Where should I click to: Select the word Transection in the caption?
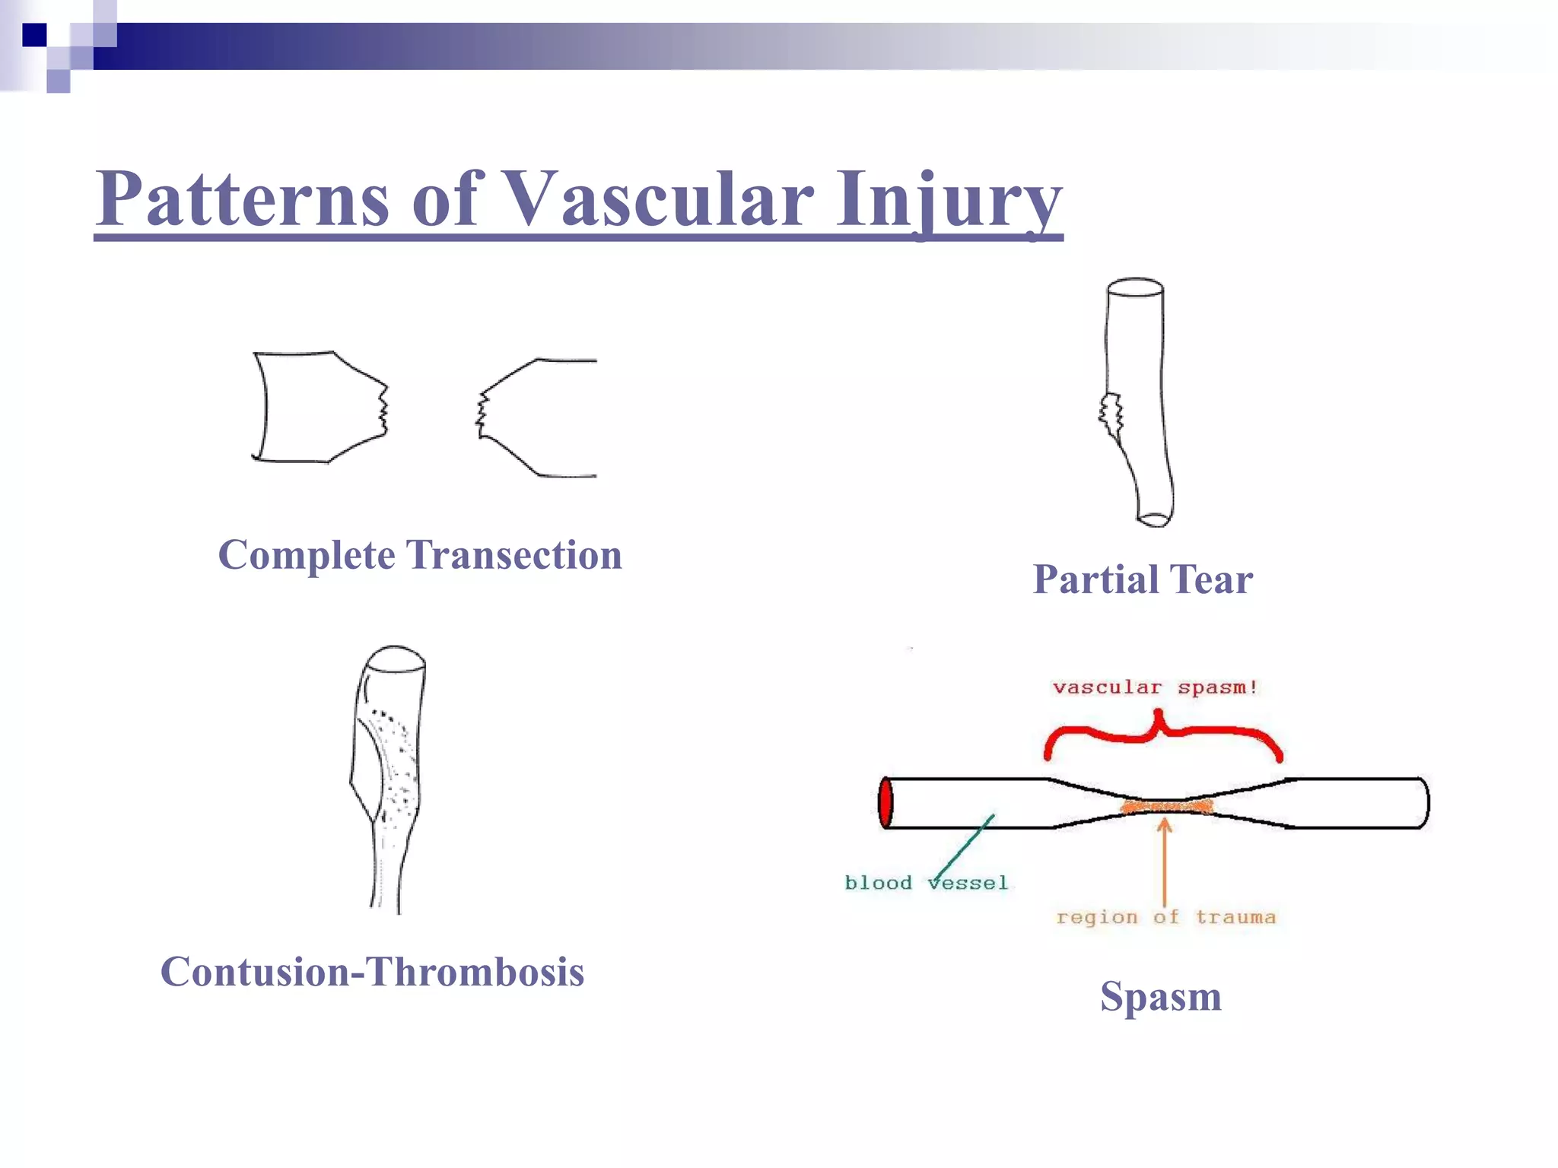[515, 554]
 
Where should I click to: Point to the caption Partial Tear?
[1142, 579]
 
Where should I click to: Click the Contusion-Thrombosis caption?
[372, 972]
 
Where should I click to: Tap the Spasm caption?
[1160, 995]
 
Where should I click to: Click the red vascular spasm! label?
[1155, 687]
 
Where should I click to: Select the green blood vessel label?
[926, 883]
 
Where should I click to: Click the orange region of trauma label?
[1165, 917]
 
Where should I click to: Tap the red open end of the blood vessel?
[885, 802]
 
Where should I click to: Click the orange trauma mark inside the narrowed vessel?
[1166, 806]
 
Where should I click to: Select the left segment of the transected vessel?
[320, 407]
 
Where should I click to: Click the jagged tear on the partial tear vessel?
[1111, 415]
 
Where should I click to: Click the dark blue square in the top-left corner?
[34, 35]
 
